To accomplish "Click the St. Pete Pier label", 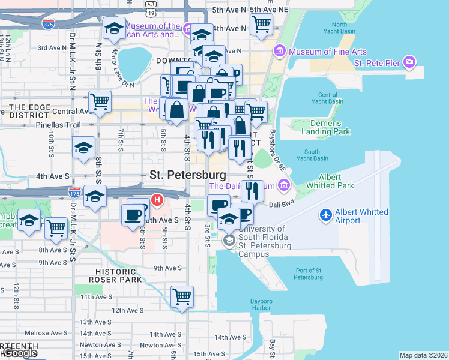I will [x=377, y=62].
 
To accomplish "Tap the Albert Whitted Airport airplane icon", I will [x=326, y=214].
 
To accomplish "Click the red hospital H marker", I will [x=157, y=199].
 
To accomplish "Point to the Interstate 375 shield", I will [x=48, y=24].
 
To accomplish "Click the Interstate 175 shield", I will [x=74, y=193].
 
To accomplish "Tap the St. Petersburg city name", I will [x=188, y=175].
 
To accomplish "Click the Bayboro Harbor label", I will [x=261, y=305].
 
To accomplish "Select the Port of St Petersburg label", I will [x=308, y=273].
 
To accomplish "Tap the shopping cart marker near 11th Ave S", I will [x=182, y=296].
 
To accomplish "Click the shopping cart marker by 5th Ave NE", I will [x=261, y=25].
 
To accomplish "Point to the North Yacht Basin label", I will [x=339, y=28].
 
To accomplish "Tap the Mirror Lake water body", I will [x=134, y=62].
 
